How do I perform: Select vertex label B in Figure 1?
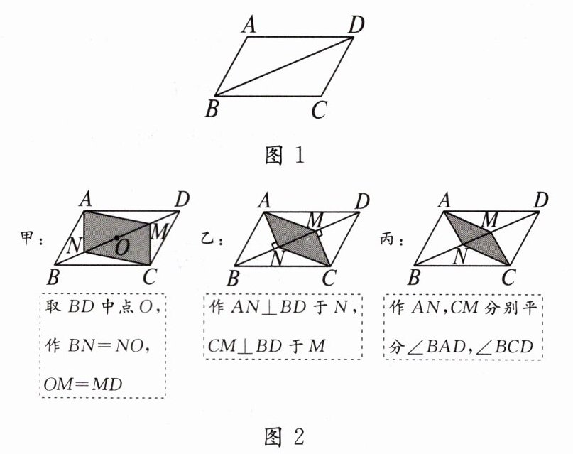tap(211, 109)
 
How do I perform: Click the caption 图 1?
tap(286, 155)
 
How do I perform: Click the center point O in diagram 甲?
tap(117, 237)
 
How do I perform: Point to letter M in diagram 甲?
tap(159, 229)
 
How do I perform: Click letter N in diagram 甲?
tap(72, 247)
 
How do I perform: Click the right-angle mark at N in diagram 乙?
tap(274, 247)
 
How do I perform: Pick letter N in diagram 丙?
tap(462, 254)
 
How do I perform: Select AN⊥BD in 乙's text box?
tap(266, 308)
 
